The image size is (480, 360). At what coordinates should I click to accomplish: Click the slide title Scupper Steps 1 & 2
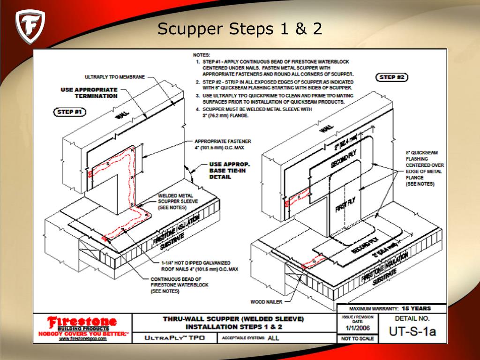pyautogui.click(x=240, y=29)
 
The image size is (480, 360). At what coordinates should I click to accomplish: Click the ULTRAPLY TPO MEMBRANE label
pyautogui.click(x=115, y=77)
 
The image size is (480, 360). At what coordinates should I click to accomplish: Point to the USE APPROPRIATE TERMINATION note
pyautogui.click(x=89, y=92)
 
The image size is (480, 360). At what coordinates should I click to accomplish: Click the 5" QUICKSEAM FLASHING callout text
pyautogui.click(x=424, y=168)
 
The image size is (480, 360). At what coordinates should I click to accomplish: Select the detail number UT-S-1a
pyautogui.click(x=412, y=332)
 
